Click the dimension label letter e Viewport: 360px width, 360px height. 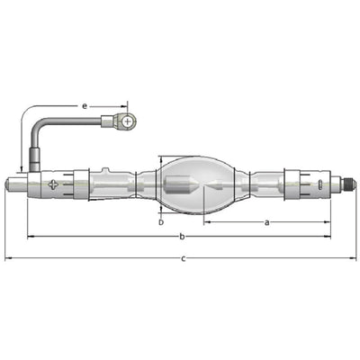click(85, 106)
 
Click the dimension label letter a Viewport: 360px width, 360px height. click(267, 222)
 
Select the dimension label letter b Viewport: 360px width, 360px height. click(182, 237)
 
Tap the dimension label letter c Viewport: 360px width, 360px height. click(184, 258)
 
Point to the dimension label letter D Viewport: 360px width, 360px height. click(161, 222)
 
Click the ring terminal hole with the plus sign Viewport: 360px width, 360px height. click(128, 121)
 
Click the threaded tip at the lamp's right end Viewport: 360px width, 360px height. click(350, 182)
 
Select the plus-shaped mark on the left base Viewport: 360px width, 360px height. click(53, 184)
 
